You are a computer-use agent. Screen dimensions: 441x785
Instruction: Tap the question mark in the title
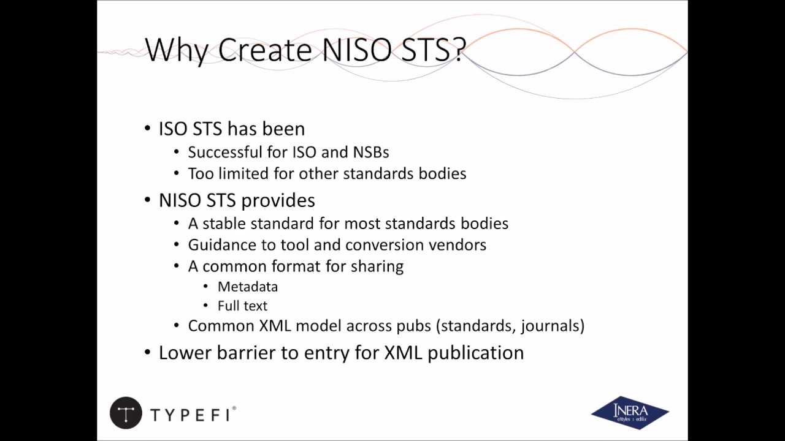point(458,50)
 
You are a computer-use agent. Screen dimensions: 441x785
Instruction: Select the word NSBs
point(370,152)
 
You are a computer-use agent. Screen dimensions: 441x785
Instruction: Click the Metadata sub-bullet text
point(248,287)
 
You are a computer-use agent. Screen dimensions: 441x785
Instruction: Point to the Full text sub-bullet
point(242,306)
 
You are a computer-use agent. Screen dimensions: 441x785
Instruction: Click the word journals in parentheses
point(549,326)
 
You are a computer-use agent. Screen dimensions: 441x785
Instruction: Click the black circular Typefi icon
point(126,413)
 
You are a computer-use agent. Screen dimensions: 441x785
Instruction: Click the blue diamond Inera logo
point(630,412)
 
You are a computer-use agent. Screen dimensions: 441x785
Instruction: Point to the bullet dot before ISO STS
point(147,129)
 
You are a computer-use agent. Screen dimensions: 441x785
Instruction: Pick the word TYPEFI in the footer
point(191,415)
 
